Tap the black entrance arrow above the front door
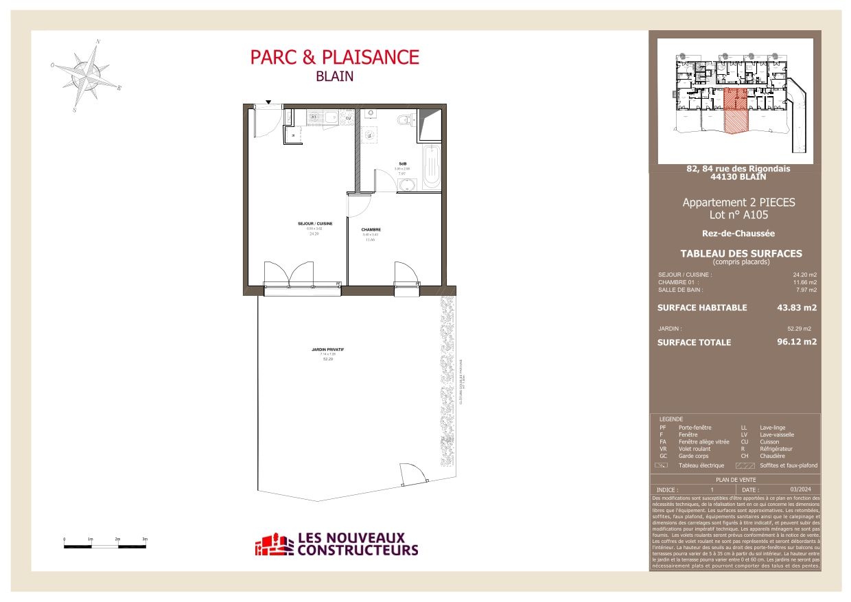(268, 102)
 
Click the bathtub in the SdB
(431, 165)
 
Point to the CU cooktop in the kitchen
(348, 117)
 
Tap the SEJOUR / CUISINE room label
(315, 224)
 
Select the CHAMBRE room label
(371, 230)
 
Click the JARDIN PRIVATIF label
(327, 349)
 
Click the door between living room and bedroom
(360, 204)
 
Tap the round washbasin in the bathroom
(402, 184)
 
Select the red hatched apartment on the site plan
(735, 110)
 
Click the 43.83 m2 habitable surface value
(796, 308)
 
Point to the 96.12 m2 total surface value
(796, 342)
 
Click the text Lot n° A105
(738, 215)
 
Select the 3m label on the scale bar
(144, 540)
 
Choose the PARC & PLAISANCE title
(334, 57)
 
